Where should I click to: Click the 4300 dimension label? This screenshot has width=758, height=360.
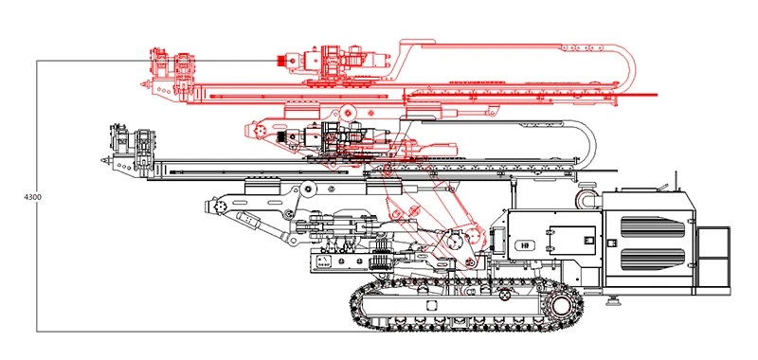[x=32, y=197]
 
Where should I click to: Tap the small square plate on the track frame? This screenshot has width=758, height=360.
[x=431, y=305]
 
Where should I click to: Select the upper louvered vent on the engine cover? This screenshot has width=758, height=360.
[x=652, y=226]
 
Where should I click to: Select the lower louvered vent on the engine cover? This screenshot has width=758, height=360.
[x=652, y=259]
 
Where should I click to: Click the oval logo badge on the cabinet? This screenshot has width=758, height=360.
[x=525, y=245]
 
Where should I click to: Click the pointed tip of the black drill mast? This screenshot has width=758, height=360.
[x=102, y=159]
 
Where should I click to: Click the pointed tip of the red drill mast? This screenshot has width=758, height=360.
[x=142, y=83]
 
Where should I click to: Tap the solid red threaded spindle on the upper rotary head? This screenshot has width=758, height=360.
[x=280, y=61]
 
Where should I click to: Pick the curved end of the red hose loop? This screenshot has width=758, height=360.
[x=629, y=67]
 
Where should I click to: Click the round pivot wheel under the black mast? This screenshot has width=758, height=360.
[x=306, y=189]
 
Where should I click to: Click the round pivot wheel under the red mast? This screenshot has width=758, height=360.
[x=346, y=113]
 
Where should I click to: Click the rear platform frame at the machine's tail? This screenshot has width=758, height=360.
[x=713, y=260]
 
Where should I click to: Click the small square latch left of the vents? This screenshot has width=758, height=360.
[x=611, y=243]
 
